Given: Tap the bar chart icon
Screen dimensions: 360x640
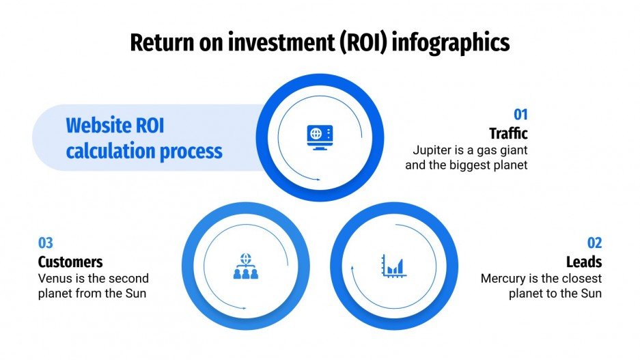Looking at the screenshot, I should click(x=394, y=265).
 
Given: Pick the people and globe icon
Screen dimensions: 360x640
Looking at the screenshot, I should click(x=245, y=266).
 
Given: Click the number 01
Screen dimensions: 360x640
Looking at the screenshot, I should click(x=520, y=115).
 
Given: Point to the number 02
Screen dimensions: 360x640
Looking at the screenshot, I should click(x=594, y=243).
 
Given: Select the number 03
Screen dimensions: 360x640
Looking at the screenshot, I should click(x=46, y=243).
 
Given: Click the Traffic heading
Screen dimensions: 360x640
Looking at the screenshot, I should click(x=508, y=133).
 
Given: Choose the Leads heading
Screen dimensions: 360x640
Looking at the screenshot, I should click(x=584, y=262).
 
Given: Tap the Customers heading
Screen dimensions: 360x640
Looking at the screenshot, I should click(x=70, y=262).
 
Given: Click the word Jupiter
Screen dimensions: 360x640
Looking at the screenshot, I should click(x=432, y=150).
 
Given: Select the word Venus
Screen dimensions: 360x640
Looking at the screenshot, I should click(x=56, y=278).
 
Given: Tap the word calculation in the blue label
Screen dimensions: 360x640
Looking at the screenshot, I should click(x=109, y=150).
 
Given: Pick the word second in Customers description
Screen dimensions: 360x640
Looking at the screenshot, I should click(x=126, y=278).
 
